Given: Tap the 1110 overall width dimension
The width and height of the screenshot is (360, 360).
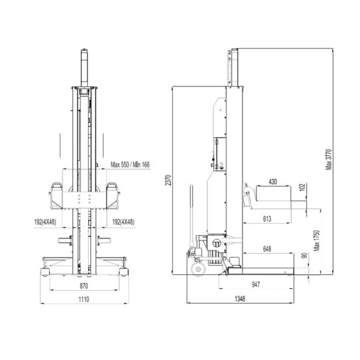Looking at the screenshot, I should [84, 299].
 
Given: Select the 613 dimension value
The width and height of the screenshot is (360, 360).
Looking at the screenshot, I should [266, 218].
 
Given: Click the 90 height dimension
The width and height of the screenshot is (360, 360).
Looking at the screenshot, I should [304, 256].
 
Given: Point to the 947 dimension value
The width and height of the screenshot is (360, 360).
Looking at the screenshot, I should [256, 284].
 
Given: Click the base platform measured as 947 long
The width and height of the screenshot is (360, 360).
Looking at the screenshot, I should [266, 270].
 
